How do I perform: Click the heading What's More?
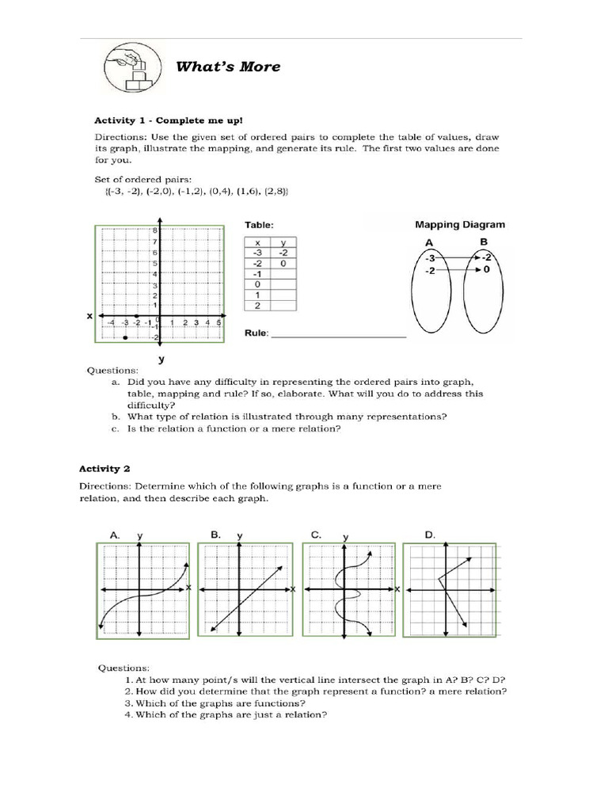[227, 67]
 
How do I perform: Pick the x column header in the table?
[257, 242]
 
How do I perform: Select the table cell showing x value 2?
[257, 305]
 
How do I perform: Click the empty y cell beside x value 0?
[283, 284]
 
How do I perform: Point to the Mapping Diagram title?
[462, 224]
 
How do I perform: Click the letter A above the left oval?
[428, 242]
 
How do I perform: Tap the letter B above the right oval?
[484, 242]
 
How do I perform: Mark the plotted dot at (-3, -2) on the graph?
[126, 337]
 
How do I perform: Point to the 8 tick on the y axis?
[155, 230]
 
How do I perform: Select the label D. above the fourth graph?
[430, 535]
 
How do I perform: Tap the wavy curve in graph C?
[346, 590]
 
